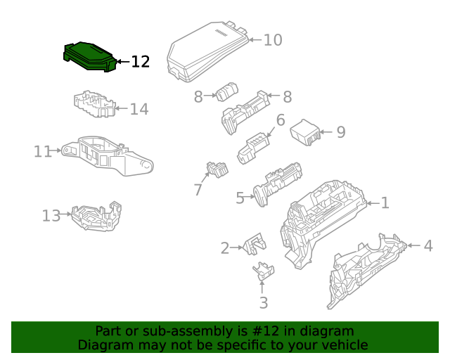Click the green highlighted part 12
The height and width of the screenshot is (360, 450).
click(89, 57)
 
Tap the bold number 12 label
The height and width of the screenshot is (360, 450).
click(141, 62)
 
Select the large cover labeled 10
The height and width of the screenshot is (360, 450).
click(207, 51)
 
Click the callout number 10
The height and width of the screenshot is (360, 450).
click(273, 40)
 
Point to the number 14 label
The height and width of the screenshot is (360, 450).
click(139, 109)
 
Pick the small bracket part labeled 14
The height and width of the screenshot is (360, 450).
click(94, 104)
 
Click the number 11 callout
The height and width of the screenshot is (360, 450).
click(43, 151)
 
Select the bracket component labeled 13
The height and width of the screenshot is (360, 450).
click(96, 216)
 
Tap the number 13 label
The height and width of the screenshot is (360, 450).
click(51, 216)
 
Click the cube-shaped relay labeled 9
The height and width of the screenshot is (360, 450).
click(305, 132)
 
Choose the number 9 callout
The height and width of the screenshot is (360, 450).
click(341, 132)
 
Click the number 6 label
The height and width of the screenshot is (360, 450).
click(281, 120)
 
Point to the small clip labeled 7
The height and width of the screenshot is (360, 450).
click(217, 169)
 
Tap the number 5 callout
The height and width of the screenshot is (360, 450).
click(240, 198)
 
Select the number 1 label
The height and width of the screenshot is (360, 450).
click(385, 203)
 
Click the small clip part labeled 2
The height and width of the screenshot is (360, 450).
click(255, 244)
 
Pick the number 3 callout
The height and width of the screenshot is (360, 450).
click(264, 302)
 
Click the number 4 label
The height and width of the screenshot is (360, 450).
click(428, 246)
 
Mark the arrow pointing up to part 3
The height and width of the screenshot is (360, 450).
click(262, 287)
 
